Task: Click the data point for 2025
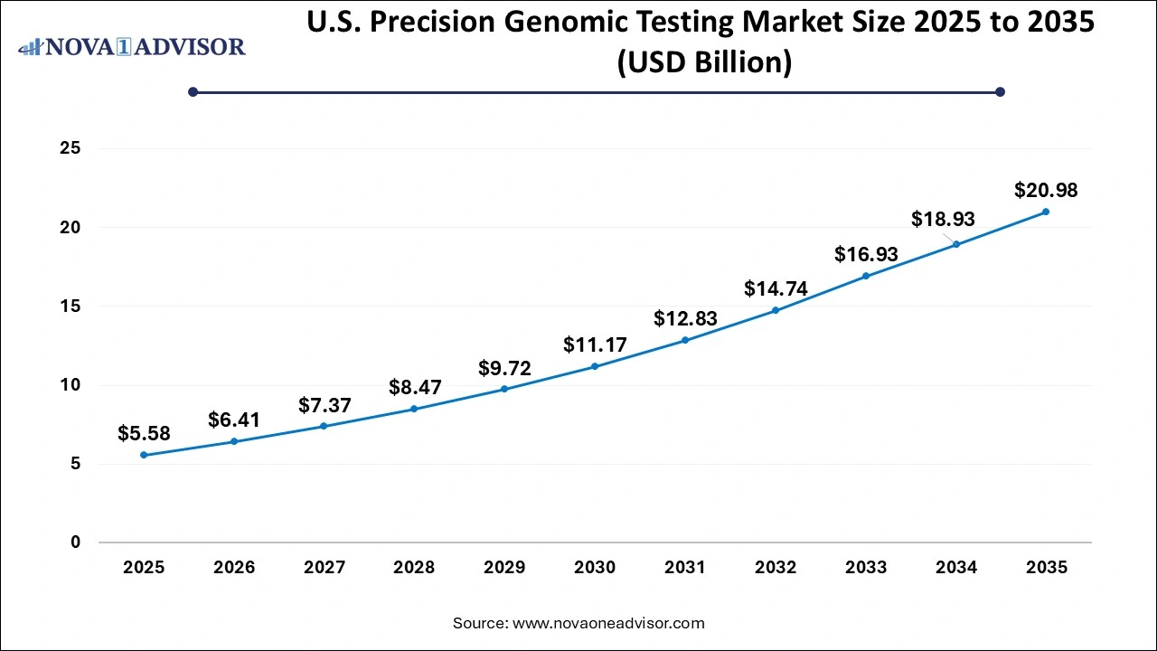pyautogui.click(x=144, y=455)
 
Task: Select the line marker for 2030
pyautogui.click(x=595, y=366)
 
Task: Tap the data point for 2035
pyautogui.click(x=1046, y=212)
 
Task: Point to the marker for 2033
pyautogui.click(x=865, y=276)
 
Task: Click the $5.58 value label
pyautogui.click(x=144, y=434)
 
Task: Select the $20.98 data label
pyautogui.click(x=1046, y=191)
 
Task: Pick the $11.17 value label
pyautogui.click(x=595, y=344)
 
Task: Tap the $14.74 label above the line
pyautogui.click(x=776, y=288)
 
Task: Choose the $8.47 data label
pyautogui.click(x=414, y=388)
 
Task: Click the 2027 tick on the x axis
pyautogui.click(x=325, y=568)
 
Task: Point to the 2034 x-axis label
pyautogui.click(x=955, y=568)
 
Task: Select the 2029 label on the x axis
pyautogui.click(x=504, y=568)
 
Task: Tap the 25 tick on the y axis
pyautogui.click(x=71, y=148)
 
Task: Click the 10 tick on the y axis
pyautogui.click(x=71, y=385)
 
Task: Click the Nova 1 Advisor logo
pyautogui.click(x=132, y=46)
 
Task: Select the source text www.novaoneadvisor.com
pyautogui.click(x=608, y=623)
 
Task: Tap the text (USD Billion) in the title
pyautogui.click(x=704, y=62)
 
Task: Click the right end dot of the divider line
pyautogui.click(x=1000, y=91)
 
